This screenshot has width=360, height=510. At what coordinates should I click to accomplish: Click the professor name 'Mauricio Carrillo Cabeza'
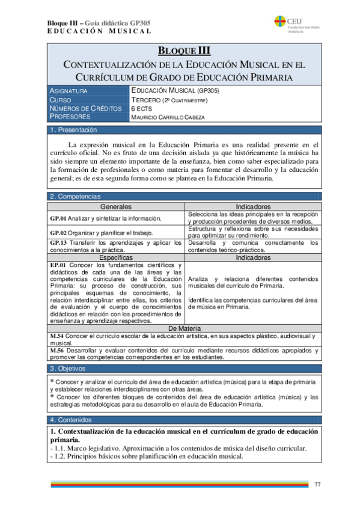pyautogui.click(x=168, y=117)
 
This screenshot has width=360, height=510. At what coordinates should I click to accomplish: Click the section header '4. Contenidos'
pyautogui.click(x=71, y=419)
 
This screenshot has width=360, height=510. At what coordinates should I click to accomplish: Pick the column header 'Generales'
pyautogui.click(x=117, y=206)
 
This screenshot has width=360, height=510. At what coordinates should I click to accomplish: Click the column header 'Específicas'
pyautogui.click(x=117, y=257)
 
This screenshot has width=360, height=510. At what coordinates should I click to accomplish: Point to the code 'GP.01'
pyautogui.click(x=58, y=218)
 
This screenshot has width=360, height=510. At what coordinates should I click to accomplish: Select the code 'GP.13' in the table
pyautogui.click(x=58, y=242)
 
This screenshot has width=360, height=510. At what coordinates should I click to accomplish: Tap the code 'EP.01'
pyautogui.click(x=58, y=265)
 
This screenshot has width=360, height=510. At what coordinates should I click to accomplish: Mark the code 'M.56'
pyautogui.click(x=57, y=350)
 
